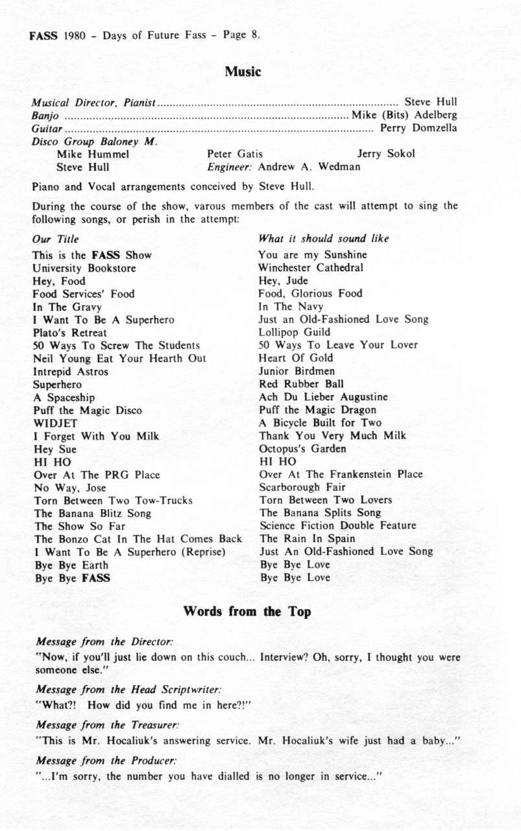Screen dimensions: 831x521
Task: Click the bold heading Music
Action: [x=243, y=72]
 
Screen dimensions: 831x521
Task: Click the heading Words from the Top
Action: [x=247, y=612]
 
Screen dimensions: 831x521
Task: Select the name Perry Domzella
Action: [x=418, y=128]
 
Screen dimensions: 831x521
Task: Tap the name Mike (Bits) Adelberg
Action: [x=404, y=115]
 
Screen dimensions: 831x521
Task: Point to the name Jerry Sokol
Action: [x=385, y=154]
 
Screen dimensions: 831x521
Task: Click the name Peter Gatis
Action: [x=235, y=154]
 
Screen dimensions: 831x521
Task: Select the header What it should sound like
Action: [x=324, y=238]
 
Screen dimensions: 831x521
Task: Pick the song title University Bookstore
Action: [x=84, y=267]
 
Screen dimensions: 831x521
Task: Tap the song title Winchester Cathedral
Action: [x=311, y=267]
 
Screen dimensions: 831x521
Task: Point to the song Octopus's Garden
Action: [x=302, y=449]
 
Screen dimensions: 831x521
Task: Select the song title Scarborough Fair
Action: [x=302, y=487]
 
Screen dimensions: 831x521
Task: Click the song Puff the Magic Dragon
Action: [x=317, y=410]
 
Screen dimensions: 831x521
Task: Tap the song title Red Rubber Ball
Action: [x=301, y=384]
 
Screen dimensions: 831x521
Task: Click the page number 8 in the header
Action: [x=254, y=34]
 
